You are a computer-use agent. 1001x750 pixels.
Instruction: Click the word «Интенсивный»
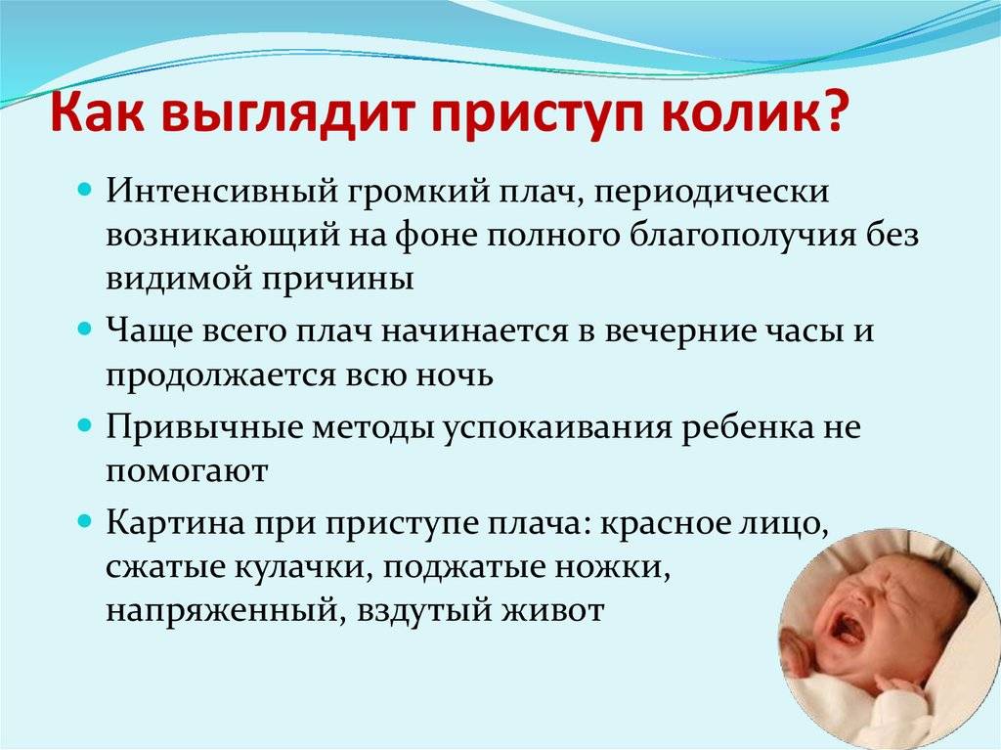point(222,191)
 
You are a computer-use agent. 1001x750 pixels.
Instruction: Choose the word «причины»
point(337,279)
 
